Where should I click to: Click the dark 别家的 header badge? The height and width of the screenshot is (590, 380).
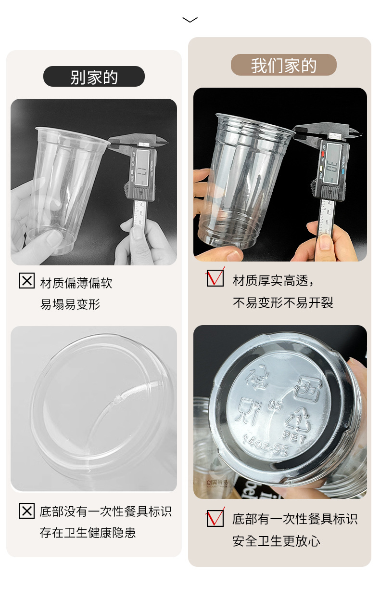click(x=94, y=77)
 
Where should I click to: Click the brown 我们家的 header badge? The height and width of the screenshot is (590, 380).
click(x=283, y=65)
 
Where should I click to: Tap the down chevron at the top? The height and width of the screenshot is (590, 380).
click(x=190, y=20)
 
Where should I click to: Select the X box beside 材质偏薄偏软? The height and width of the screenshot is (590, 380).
click(x=26, y=281)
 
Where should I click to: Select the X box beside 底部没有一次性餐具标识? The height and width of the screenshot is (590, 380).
click(x=26, y=511)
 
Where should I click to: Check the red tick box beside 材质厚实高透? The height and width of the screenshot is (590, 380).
click(x=215, y=278)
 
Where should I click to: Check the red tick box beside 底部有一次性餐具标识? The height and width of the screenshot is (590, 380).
click(x=215, y=518)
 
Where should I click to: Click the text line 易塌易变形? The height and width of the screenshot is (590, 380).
click(x=70, y=304)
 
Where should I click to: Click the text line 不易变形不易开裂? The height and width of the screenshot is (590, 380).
click(x=283, y=302)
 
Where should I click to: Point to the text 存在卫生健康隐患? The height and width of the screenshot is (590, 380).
click(x=88, y=533)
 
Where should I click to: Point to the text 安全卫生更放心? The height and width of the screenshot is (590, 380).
click(x=276, y=541)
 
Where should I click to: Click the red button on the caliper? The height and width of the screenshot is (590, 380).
click(x=322, y=155)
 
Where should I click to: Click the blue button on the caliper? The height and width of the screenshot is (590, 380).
click(x=343, y=170)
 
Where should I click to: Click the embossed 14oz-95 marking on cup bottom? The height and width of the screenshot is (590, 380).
click(x=266, y=445)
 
